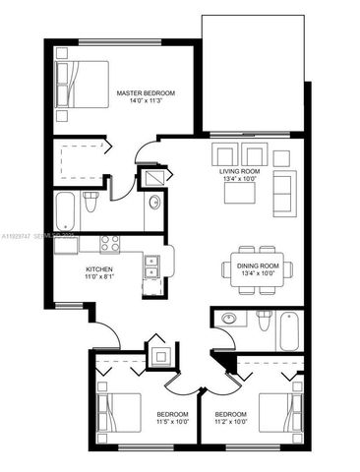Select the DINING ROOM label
258,264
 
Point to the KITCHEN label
99,268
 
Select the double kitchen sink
151,265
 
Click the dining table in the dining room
258,266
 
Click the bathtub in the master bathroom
66,208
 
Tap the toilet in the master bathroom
91,205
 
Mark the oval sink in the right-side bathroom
228,319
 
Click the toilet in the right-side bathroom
263,322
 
